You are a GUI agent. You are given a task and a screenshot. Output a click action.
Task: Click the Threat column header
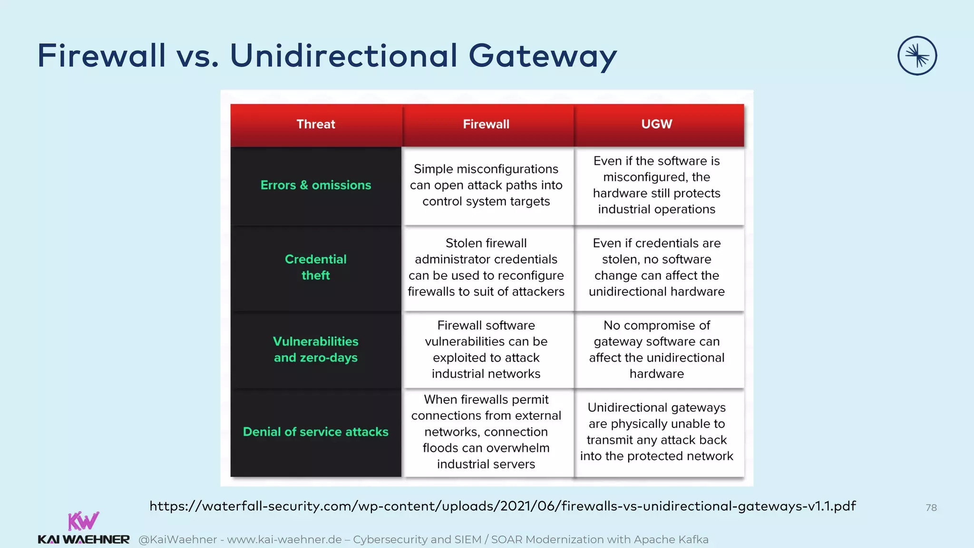(x=316, y=124)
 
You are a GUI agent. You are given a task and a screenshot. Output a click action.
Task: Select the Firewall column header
(x=486, y=124)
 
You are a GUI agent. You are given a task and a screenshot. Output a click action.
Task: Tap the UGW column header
(x=656, y=124)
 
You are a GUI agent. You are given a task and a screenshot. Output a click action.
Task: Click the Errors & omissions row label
(x=316, y=185)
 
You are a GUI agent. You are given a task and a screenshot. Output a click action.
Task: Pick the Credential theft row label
(x=316, y=267)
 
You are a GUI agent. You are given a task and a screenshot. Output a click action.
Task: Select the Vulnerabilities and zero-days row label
(x=316, y=350)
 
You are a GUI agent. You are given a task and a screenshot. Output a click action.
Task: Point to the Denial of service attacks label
(x=316, y=432)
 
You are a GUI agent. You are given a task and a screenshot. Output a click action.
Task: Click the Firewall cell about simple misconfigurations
(x=486, y=185)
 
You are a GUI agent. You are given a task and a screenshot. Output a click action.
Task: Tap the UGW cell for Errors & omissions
(x=656, y=185)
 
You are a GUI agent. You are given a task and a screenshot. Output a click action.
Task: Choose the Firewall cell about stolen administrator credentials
(x=486, y=267)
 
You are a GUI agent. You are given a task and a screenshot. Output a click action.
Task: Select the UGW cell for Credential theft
(x=656, y=267)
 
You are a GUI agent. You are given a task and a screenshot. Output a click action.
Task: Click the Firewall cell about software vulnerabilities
(x=486, y=350)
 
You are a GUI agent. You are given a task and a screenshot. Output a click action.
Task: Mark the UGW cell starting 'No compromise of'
(x=656, y=350)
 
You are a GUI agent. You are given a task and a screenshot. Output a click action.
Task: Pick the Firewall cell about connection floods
(x=486, y=432)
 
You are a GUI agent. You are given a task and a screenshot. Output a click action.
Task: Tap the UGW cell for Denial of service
(x=656, y=432)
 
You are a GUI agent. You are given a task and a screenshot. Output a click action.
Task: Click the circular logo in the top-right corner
(x=917, y=56)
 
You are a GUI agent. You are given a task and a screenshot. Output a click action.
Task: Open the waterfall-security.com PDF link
(x=502, y=506)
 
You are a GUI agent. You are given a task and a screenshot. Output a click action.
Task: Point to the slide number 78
(x=931, y=508)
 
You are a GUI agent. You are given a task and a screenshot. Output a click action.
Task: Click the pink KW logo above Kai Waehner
(x=83, y=521)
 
